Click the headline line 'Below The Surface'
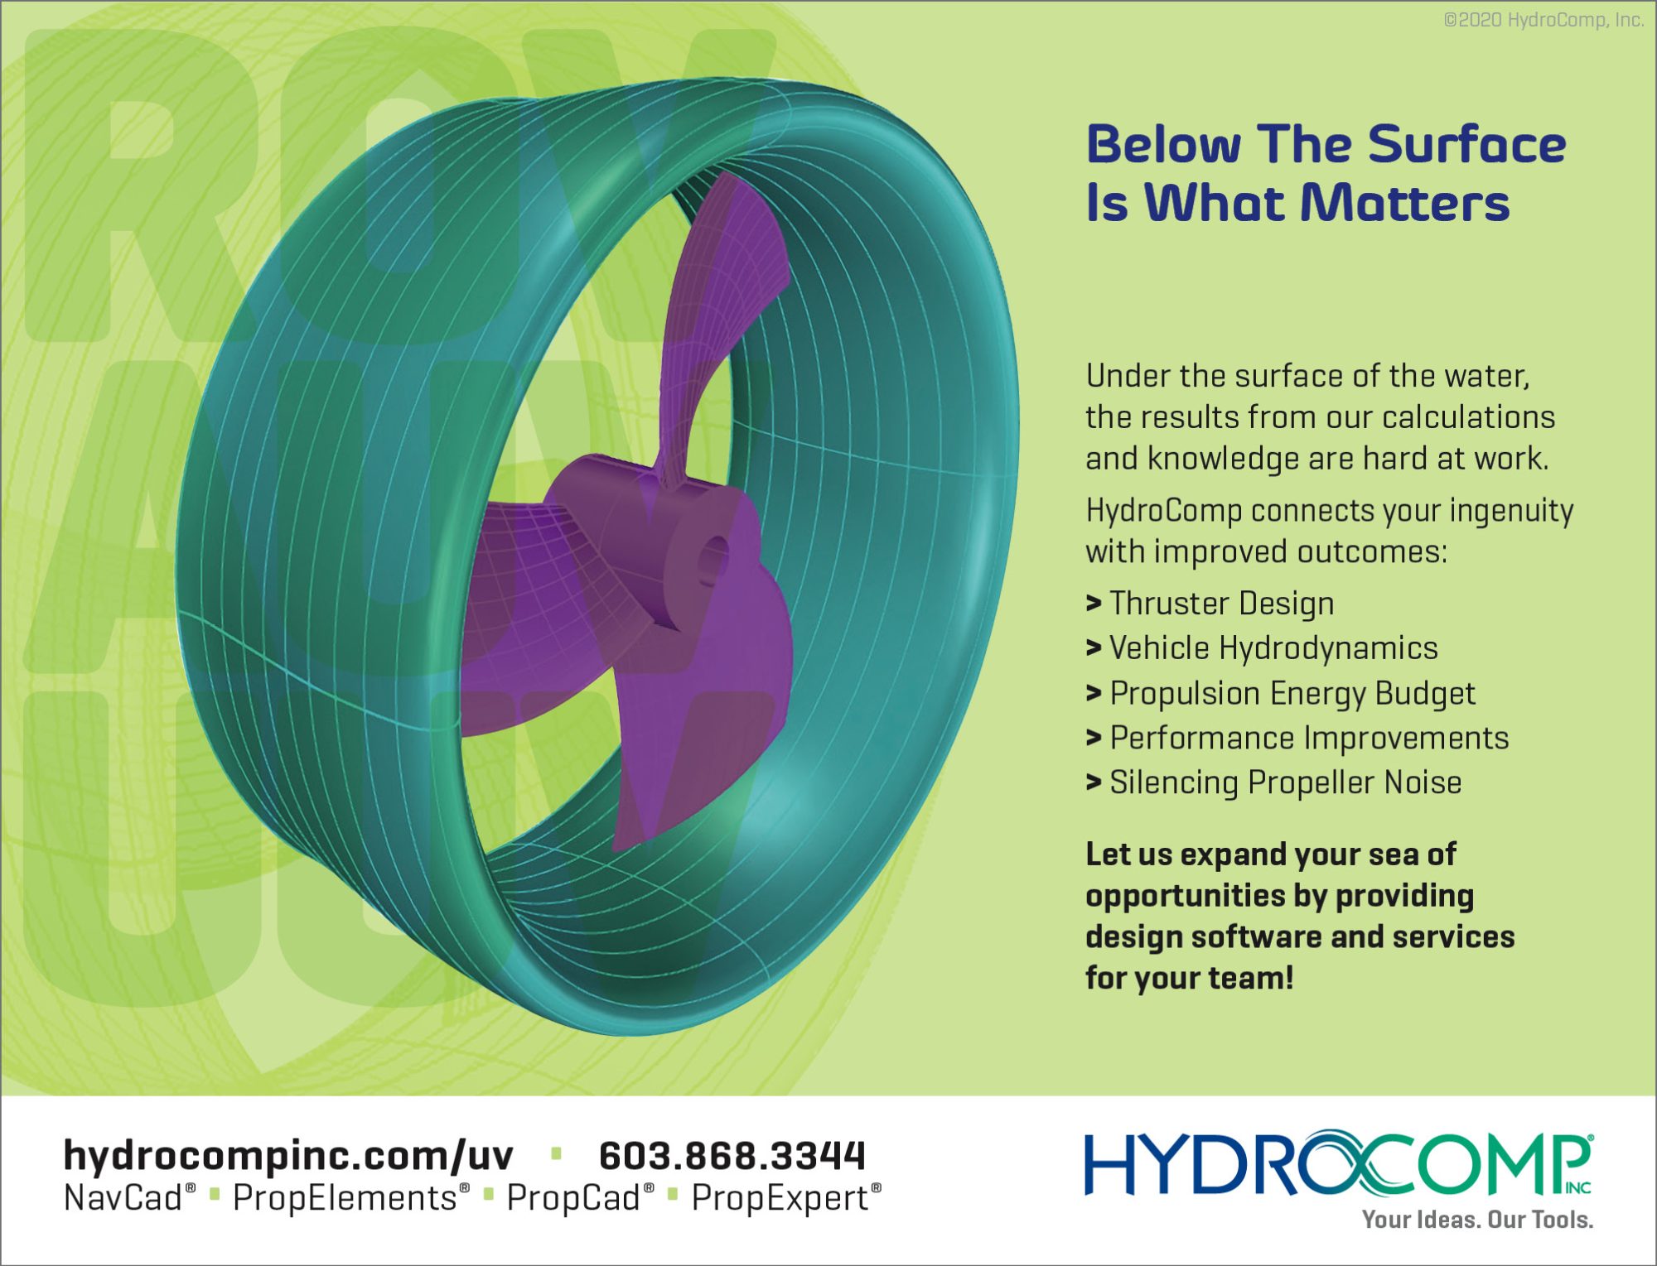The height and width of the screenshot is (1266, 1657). pos(1326,144)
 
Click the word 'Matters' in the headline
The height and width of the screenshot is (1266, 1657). pos(1405,203)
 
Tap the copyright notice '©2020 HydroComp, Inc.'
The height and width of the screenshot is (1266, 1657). pos(1543,20)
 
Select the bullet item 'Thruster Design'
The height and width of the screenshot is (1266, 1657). pos(1221,604)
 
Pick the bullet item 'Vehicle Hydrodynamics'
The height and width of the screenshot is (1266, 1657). pos(1273,648)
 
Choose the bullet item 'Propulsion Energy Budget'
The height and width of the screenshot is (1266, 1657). pos(1292,694)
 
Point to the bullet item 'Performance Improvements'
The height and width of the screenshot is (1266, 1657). pos(1309,738)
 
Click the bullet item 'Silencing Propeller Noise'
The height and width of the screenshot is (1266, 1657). pos(1286,782)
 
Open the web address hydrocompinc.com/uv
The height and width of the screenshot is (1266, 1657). pos(288,1156)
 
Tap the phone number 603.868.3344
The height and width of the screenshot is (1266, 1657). pos(732,1156)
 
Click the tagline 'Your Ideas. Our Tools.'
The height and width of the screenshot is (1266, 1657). pos(1478,1220)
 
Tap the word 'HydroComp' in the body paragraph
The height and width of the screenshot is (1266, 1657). pos(1164,511)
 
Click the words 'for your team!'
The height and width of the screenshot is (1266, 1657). pos(1190,978)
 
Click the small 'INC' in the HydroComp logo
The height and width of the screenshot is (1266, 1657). pos(1578,1187)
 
